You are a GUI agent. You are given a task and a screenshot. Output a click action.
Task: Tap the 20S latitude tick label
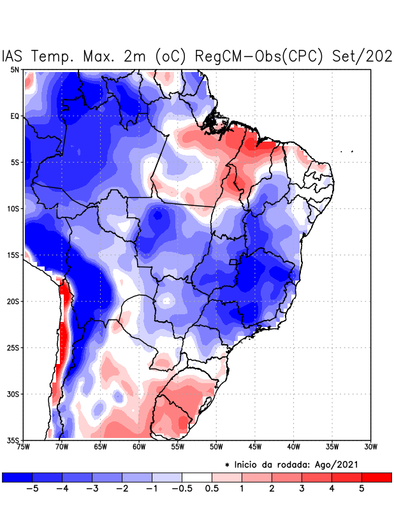(x=14, y=302)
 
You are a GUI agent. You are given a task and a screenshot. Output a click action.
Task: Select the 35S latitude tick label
(x=14, y=441)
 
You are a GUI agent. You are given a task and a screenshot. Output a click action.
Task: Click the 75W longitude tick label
(x=24, y=447)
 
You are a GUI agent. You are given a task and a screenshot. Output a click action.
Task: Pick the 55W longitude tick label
(x=179, y=447)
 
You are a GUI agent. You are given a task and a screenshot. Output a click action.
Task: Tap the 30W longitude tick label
(x=371, y=447)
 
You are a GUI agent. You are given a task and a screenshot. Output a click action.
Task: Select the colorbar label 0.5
(x=212, y=489)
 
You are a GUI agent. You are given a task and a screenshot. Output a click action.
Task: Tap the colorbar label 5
(x=361, y=489)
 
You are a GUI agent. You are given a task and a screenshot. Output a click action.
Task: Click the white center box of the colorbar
(x=196, y=477)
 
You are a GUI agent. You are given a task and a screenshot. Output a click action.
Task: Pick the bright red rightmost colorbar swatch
(x=376, y=477)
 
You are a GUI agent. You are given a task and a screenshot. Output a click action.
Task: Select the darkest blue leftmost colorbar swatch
(x=17, y=477)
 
